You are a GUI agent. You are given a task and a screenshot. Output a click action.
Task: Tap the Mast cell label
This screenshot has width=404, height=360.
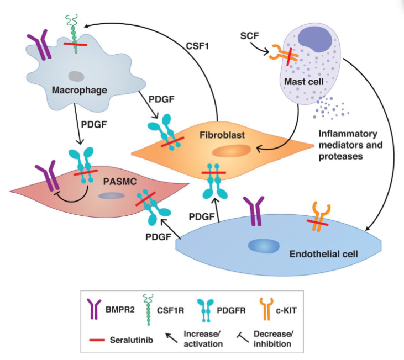tap(302, 82)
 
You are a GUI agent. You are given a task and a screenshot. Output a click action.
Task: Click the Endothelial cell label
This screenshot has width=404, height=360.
tap(324, 255)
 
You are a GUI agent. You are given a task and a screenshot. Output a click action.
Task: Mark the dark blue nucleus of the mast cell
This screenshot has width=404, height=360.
tap(315, 46)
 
